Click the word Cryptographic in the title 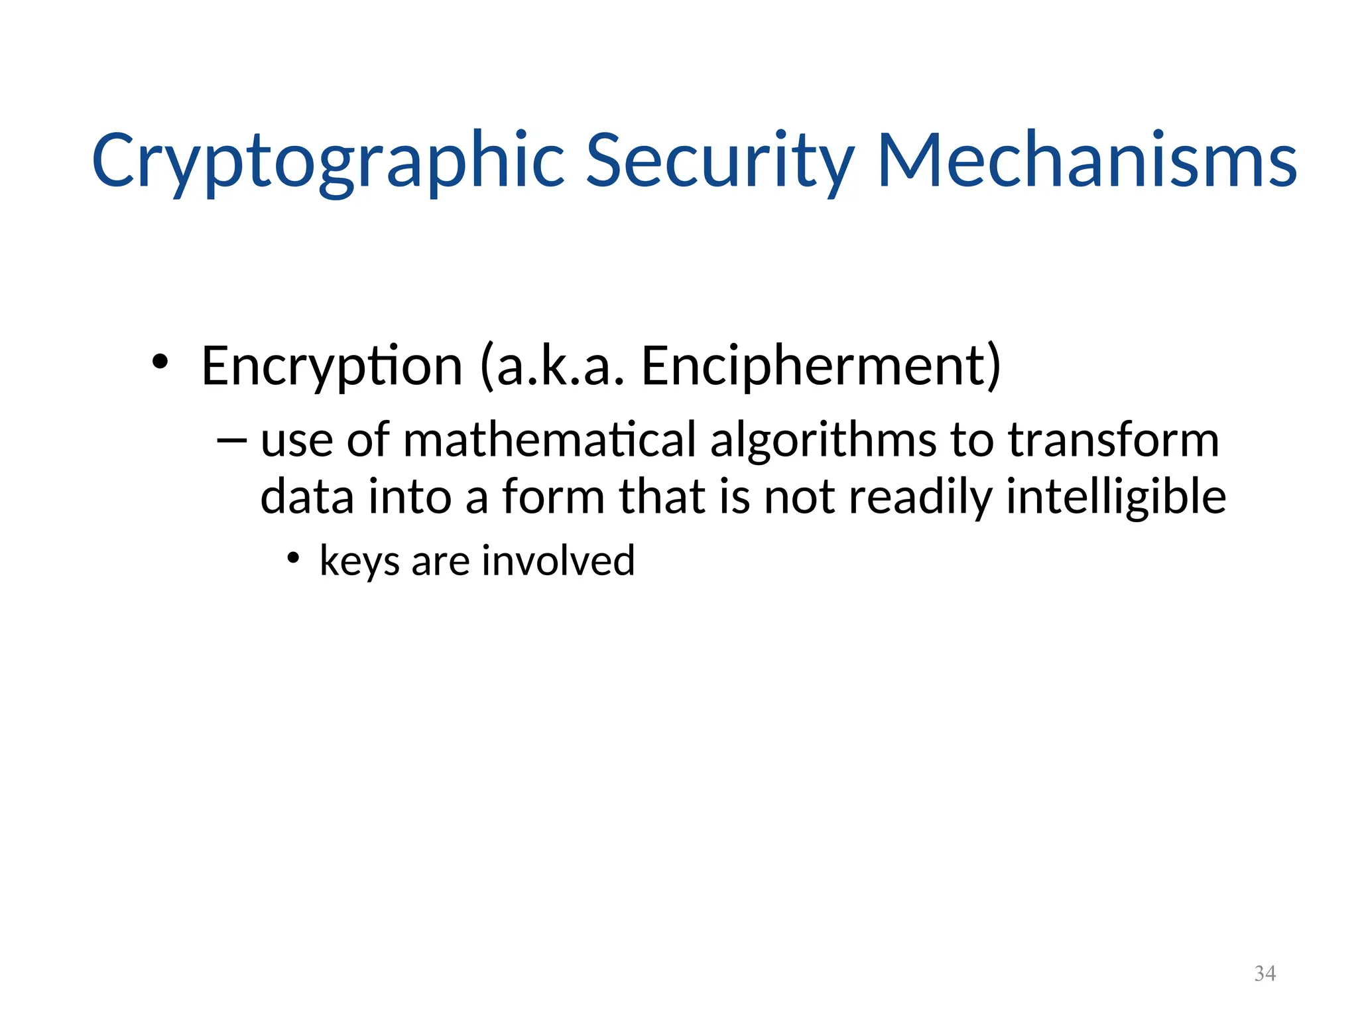(x=328, y=161)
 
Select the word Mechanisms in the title (x=1087, y=161)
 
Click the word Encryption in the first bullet (x=332, y=366)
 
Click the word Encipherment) (x=821, y=366)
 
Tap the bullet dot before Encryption (x=159, y=362)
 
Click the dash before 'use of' (x=231, y=439)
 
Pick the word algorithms (x=824, y=441)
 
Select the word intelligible (x=1116, y=498)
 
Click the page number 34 (x=1265, y=973)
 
